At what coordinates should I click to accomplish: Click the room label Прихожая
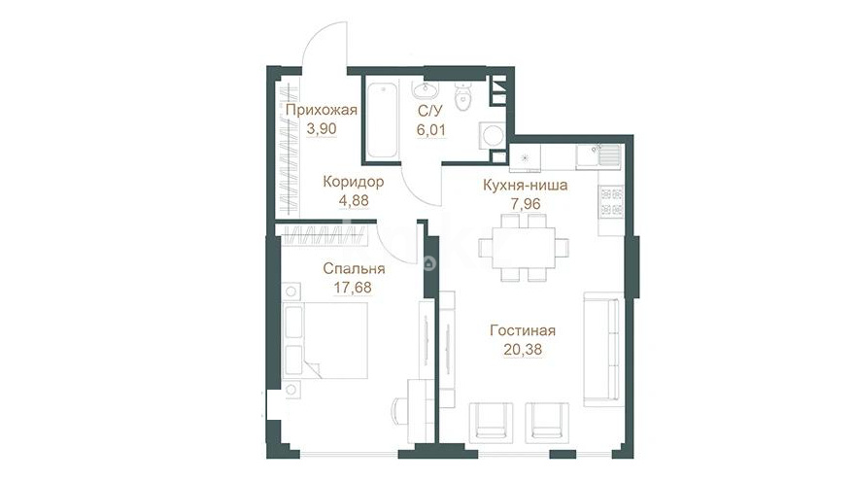(x=322, y=111)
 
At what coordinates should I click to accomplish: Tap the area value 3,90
(x=322, y=129)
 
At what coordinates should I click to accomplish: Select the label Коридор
(x=354, y=182)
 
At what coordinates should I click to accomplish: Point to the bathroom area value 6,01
(x=431, y=130)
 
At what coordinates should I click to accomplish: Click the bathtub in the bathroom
(x=383, y=120)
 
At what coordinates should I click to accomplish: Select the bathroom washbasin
(x=422, y=90)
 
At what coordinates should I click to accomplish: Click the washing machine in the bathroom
(x=493, y=135)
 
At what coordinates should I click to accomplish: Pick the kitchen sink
(x=598, y=156)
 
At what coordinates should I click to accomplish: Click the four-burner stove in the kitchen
(x=611, y=201)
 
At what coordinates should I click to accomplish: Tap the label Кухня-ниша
(x=525, y=186)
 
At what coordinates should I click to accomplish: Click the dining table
(x=524, y=248)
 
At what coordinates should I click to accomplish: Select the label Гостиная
(x=523, y=330)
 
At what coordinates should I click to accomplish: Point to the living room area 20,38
(x=523, y=349)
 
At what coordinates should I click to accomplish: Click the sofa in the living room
(x=601, y=349)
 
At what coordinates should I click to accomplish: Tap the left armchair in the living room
(x=492, y=421)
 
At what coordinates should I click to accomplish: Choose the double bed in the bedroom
(x=325, y=340)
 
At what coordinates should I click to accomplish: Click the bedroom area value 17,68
(x=353, y=287)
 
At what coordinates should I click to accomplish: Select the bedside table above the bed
(x=291, y=292)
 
